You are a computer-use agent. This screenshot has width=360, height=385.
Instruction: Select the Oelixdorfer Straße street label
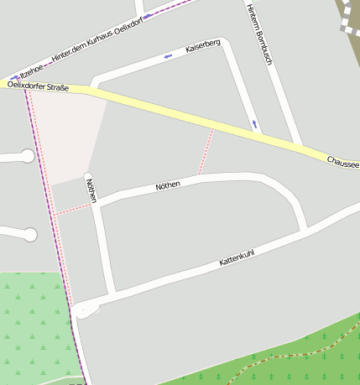(x=37, y=86)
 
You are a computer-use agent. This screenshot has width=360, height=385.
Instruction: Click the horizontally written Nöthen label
(x=168, y=185)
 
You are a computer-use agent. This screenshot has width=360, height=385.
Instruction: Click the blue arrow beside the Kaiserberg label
(x=169, y=56)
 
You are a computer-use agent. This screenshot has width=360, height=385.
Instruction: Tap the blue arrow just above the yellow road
(x=255, y=124)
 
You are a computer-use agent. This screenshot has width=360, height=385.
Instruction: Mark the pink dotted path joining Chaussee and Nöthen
(x=205, y=153)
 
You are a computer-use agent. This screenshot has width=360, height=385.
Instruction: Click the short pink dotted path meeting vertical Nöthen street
(x=74, y=209)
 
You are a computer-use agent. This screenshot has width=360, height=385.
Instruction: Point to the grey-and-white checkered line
(x=346, y=18)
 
